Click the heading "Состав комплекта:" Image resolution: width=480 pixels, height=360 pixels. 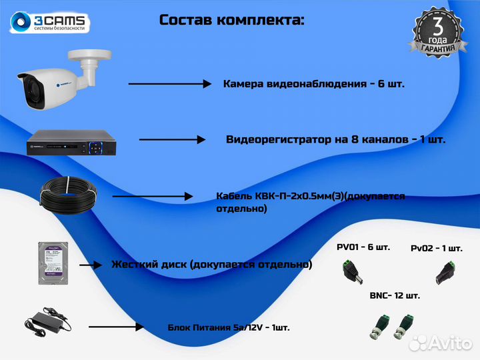pos(231,20)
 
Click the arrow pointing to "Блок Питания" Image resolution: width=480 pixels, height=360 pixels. pos(116,327)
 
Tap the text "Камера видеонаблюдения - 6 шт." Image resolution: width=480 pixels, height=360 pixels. pos(314,84)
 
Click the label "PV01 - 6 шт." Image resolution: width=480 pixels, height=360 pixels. pos(363,247)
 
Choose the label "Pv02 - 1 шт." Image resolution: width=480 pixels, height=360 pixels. pos(436,248)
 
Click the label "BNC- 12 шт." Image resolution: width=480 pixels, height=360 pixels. pos(395,295)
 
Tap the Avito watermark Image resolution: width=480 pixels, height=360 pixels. pos(441,343)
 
